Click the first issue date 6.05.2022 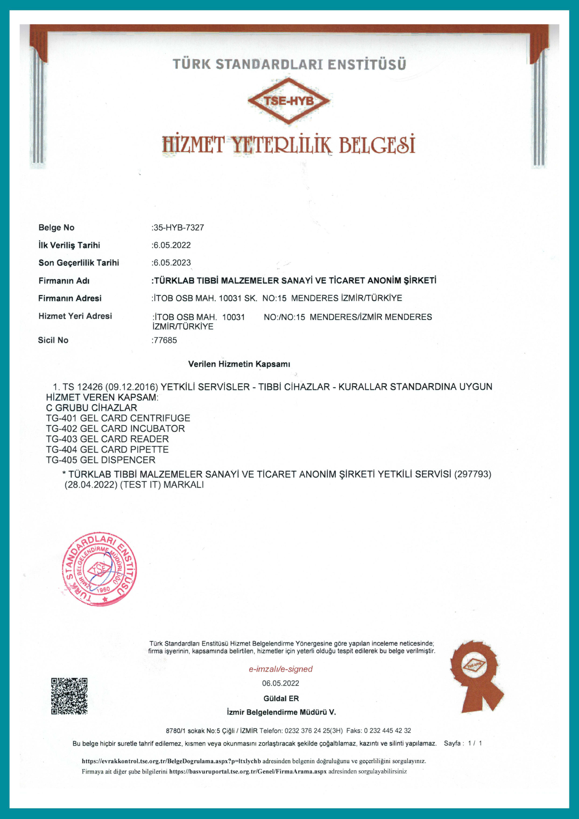[172, 245]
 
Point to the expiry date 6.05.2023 [172, 263]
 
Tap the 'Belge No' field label [56, 228]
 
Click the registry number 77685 [165, 340]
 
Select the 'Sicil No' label [53, 340]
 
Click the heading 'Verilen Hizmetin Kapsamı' [239, 364]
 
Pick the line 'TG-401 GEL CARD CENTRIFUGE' [118, 418]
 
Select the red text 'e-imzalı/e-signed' [280, 669]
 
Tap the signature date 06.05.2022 [280, 683]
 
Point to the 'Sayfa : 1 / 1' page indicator [463, 743]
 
